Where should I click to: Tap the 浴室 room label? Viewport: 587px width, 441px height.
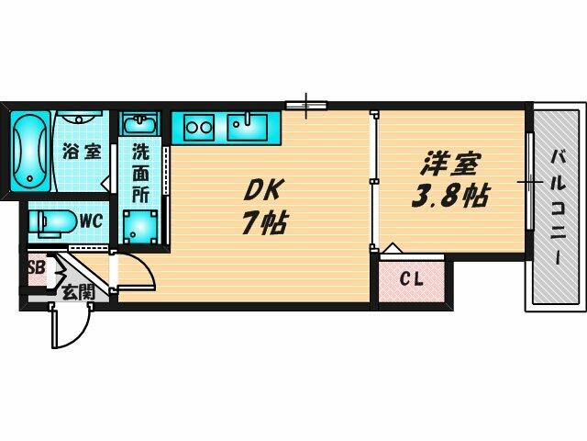[x=80, y=152]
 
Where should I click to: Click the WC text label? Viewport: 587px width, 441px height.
[x=89, y=221]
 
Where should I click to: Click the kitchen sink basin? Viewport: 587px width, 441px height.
[x=247, y=123]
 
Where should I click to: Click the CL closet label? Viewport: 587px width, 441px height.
[x=411, y=279]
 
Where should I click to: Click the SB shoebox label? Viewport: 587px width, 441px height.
[x=37, y=268]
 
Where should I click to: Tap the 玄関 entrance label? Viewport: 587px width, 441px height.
[x=76, y=293]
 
